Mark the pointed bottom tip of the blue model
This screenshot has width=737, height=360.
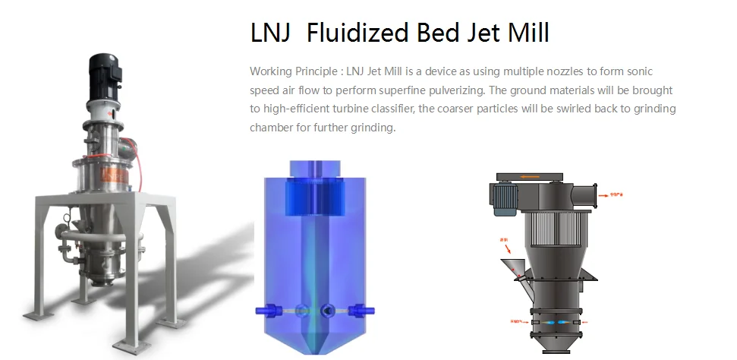[x=313, y=351]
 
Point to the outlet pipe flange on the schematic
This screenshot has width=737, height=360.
[x=590, y=192]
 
